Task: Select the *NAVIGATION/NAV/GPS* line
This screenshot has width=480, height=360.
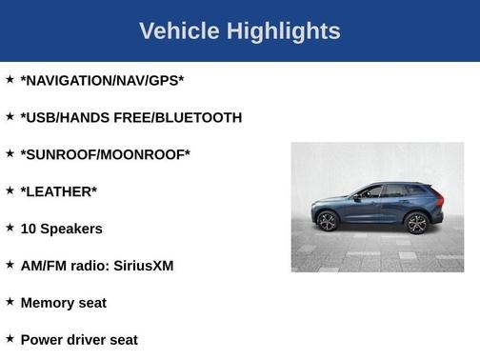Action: pos(102,81)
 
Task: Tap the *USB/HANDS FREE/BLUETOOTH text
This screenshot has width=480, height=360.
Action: pos(130,118)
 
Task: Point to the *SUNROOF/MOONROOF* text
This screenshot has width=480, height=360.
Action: pos(105,154)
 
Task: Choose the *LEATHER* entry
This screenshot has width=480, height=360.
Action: pos(58,191)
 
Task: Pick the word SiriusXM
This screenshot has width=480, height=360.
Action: pos(144,266)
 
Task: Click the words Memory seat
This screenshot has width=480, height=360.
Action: pos(63,303)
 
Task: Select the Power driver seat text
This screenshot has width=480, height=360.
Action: pos(79,340)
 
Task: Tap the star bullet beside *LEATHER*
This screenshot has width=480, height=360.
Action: pos(10,190)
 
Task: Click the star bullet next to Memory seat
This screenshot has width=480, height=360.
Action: pos(10,301)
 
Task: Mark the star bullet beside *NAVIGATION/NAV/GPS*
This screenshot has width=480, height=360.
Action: pos(10,79)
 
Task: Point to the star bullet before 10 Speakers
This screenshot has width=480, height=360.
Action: pos(10,227)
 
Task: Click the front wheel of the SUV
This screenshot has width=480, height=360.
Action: pos(328,222)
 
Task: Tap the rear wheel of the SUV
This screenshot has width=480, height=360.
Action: pos(416,223)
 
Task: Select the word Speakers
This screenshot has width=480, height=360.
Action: pos(71,229)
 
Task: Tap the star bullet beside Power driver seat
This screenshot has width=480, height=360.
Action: pos(10,338)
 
